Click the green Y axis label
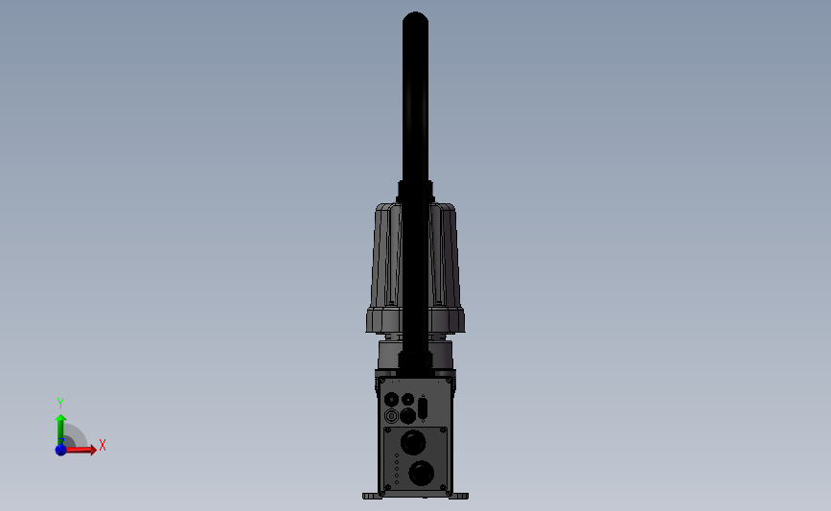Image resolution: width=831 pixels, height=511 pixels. (60, 404)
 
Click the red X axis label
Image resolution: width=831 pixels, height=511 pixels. (102, 446)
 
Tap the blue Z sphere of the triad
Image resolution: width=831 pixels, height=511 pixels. (60, 450)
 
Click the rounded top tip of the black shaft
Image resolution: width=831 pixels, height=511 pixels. (415, 16)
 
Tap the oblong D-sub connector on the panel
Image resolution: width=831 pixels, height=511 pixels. (423, 407)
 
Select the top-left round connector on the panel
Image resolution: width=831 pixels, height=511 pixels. (390, 399)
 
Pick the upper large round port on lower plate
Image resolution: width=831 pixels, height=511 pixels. (413, 443)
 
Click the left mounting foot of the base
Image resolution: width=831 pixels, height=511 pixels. (372, 496)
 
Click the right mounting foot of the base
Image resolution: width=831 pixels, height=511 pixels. (460, 496)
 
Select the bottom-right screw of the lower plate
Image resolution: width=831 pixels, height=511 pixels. (443, 488)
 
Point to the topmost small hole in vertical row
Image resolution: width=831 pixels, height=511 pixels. (397, 456)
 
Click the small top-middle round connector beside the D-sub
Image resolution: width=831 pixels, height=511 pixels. (407, 399)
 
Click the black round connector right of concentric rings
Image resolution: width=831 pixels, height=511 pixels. (407, 416)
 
